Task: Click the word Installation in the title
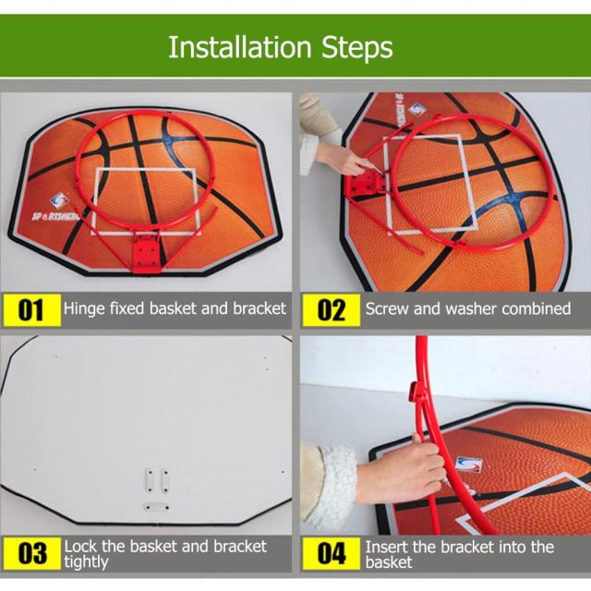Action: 240,47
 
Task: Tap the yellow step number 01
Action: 30,310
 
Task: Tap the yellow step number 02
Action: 331,310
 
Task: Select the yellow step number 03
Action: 31,553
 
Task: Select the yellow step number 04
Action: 331,553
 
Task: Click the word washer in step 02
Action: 471,309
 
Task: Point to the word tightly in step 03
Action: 86,562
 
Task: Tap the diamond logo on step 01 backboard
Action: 59,201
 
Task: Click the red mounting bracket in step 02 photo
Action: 365,183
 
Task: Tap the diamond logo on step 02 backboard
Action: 417,110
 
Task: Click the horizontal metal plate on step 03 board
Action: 157,507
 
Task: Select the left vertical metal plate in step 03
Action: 150,480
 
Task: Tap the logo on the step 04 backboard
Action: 468,464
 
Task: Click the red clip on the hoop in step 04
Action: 415,392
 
